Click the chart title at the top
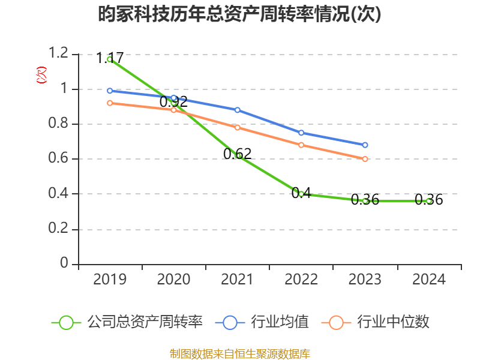240,14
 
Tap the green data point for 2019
110,59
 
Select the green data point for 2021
238,155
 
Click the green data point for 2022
301,194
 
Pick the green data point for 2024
428,201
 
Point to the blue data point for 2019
110,91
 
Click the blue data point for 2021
238,110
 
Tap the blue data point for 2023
365,145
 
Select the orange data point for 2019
110,103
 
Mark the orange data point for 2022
301,145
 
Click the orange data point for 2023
365,159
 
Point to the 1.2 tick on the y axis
59,54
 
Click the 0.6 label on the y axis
59,159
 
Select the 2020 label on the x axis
173,280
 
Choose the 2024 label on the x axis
428,280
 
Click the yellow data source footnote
240,353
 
